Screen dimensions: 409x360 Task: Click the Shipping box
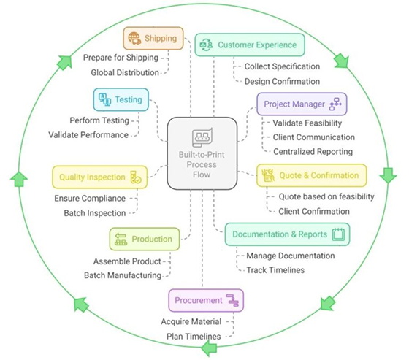click(153, 39)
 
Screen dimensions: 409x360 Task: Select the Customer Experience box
click(250, 45)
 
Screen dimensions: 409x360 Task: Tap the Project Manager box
click(302, 104)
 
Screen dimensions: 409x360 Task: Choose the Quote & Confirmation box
click(311, 175)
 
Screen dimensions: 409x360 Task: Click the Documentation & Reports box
click(287, 234)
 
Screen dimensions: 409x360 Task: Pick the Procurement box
click(206, 301)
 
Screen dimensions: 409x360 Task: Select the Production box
click(145, 239)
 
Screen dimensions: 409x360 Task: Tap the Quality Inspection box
click(100, 177)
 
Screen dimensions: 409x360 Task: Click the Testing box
click(121, 99)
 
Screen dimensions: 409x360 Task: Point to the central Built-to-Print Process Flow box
click(202, 153)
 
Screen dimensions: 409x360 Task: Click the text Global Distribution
click(125, 72)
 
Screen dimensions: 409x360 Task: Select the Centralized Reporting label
click(313, 152)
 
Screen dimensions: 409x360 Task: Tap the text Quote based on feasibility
click(326, 196)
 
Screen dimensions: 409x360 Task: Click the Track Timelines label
click(275, 270)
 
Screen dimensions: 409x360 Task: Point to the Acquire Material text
click(191, 321)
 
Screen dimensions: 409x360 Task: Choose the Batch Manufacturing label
click(123, 275)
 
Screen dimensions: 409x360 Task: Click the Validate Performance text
click(88, 135)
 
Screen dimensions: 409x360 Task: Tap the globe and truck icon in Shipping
click(134, 39)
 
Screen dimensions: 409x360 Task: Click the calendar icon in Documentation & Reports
click(339, 234)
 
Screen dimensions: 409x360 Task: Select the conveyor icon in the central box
click(202, 137)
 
